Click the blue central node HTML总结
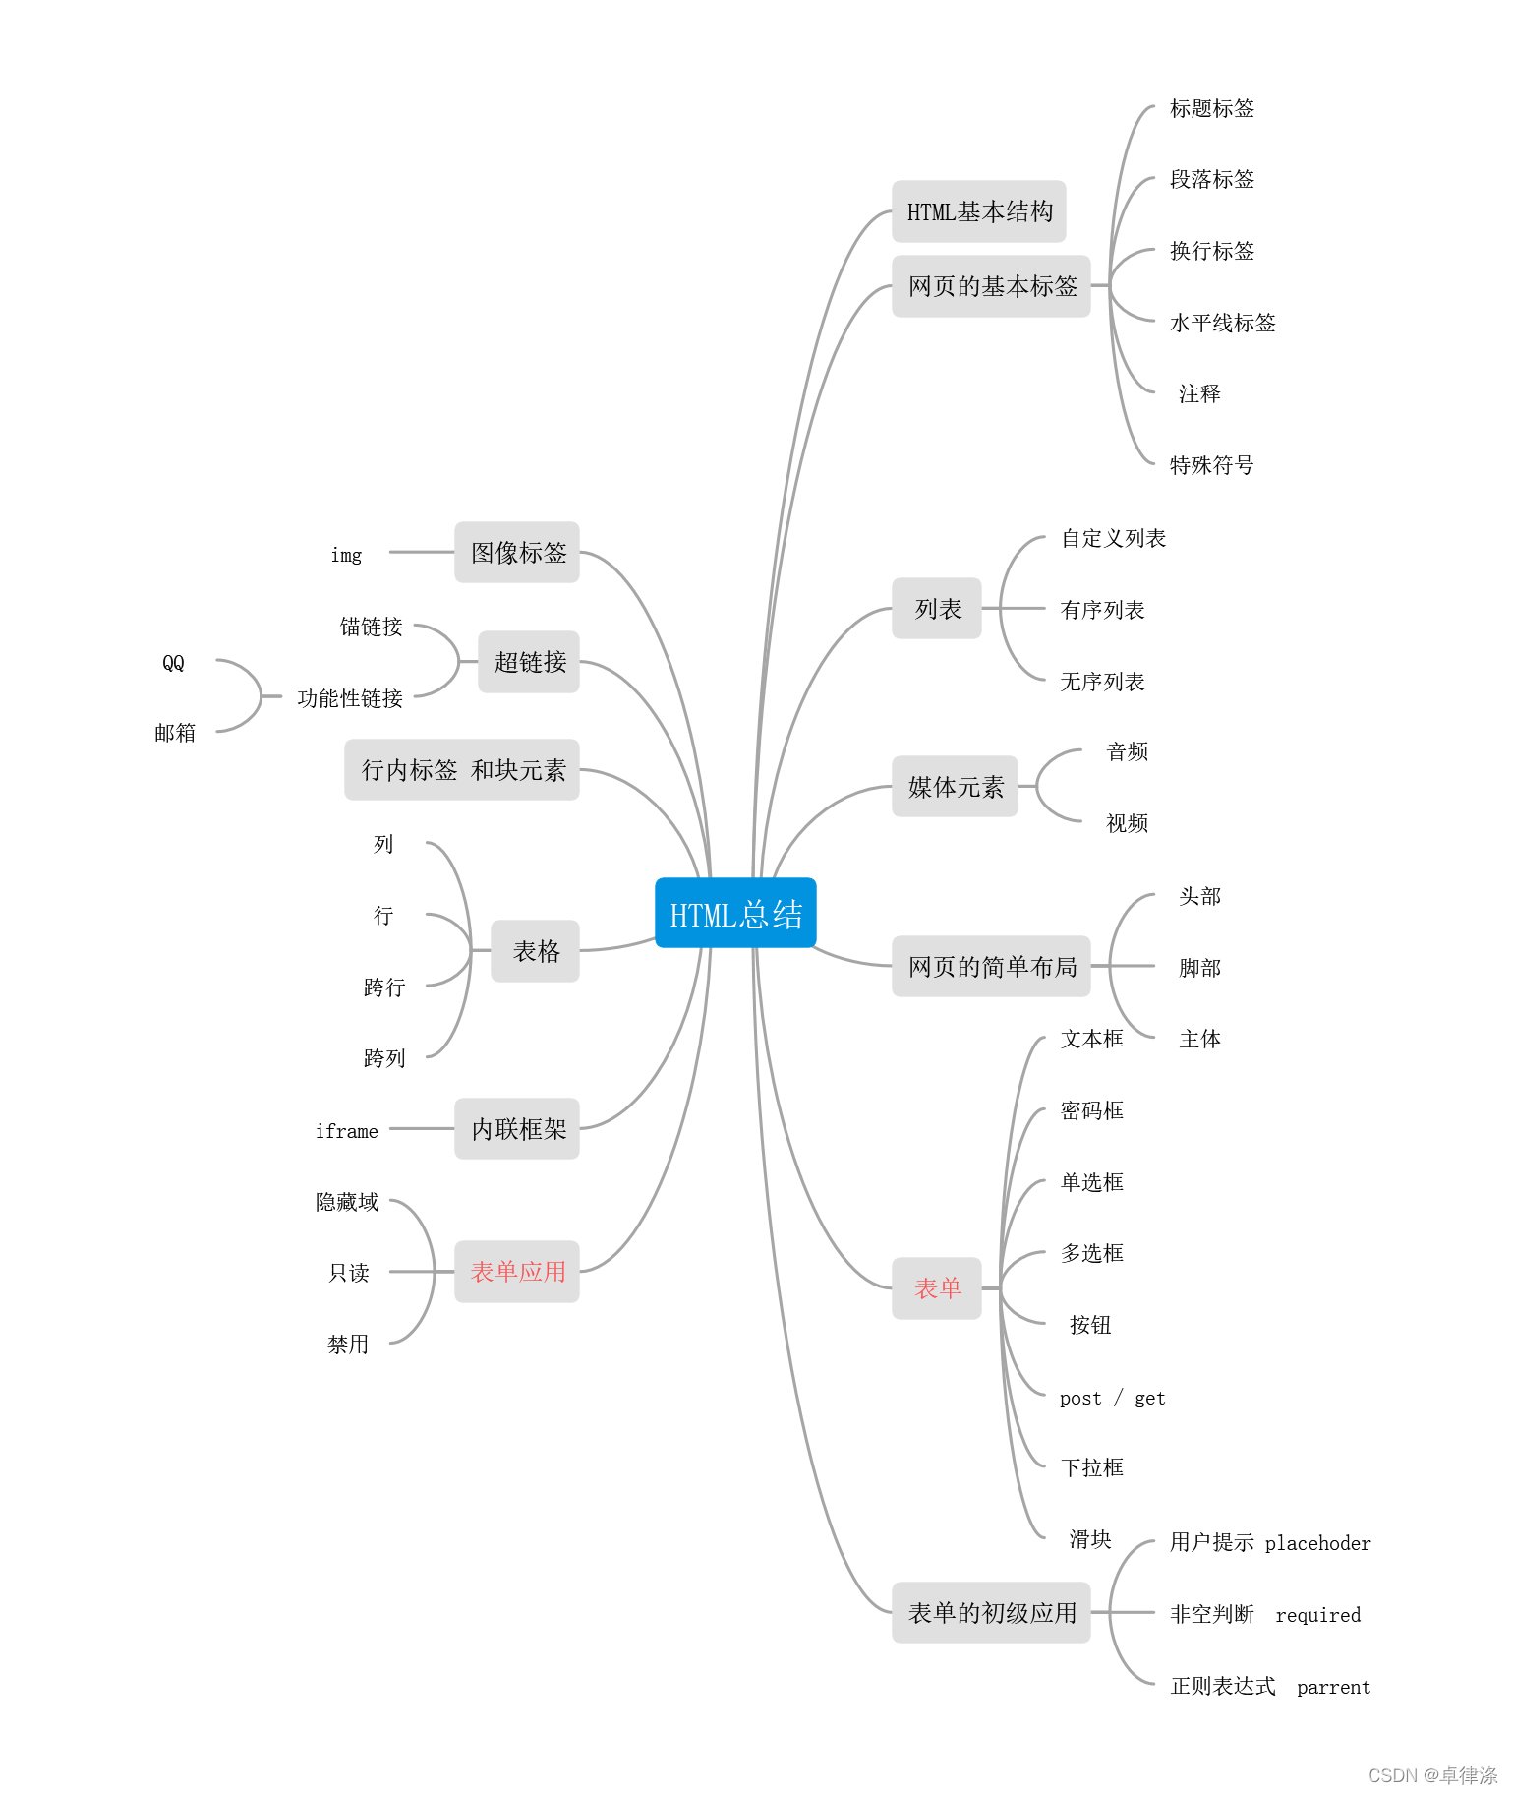pos(735,914)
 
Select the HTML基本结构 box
pos(978,211)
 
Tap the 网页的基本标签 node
pos(991,286)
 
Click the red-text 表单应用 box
pos(517,1272)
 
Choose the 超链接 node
pos(529,662)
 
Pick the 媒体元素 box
pos(955,787)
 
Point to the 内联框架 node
pos(517,1129)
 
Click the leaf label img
pos(346,556)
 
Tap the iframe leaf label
pos(346,1131)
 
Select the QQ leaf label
pos(173,663)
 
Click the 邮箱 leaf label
pos(175,733)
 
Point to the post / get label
pos(1112,1398)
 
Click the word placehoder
pos(1317,1543)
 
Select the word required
pos(1317,1615)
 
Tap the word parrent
pos(1333,1688)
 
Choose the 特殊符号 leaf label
pos(1211,465)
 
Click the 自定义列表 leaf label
pos(1113,539)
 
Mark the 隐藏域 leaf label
pos(347,1202)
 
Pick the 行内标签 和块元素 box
pos(462,770)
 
